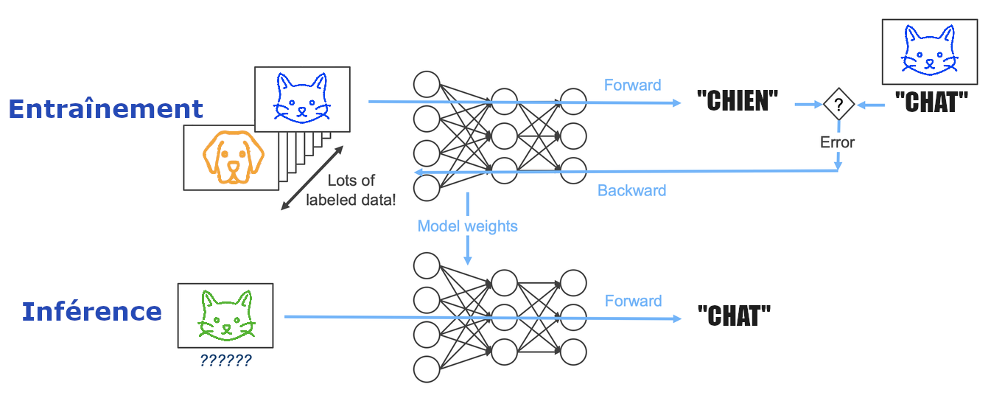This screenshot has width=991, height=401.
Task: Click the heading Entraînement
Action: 105,109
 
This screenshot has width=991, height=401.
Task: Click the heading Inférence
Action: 92,312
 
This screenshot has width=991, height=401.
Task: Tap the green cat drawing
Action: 225,315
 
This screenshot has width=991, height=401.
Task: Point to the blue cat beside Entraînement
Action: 301,97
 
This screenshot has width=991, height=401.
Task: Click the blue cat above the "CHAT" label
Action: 930,49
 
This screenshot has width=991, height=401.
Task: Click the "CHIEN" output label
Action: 737,102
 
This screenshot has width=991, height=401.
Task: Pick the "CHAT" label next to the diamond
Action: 931,102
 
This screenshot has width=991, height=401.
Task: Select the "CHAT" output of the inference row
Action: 734,317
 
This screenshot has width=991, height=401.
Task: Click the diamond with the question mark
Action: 838,105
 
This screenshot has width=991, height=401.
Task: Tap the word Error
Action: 838,142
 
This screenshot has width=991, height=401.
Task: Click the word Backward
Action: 631,191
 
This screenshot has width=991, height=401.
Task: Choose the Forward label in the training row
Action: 632,86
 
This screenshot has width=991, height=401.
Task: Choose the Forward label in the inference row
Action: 633,301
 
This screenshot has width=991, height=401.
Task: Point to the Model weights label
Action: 467,226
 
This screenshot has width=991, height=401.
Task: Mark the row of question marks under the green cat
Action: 225,361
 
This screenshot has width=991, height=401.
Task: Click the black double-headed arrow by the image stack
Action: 312,178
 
